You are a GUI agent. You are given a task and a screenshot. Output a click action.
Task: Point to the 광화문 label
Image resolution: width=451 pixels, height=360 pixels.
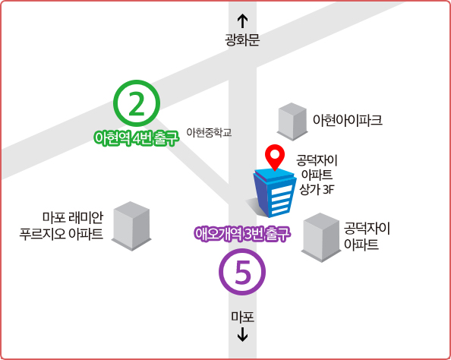coord(242,39)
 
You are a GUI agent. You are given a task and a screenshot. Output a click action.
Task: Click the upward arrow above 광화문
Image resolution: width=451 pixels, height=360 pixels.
coord(242,21)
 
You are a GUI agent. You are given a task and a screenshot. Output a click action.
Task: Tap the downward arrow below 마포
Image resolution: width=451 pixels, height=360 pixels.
coord(242,334)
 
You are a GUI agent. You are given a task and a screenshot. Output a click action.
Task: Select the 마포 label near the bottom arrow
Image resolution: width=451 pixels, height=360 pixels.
coord(242,317)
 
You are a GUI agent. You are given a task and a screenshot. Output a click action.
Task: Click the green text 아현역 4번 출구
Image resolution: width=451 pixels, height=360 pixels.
coord(137,137)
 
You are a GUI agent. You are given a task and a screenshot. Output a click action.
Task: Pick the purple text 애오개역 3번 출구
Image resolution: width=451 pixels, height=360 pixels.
coord(242,233)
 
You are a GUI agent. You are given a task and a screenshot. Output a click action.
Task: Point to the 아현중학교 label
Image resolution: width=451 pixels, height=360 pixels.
coord(209,133)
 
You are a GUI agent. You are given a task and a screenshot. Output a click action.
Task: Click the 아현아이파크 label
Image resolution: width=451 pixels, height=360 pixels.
coord(348,120)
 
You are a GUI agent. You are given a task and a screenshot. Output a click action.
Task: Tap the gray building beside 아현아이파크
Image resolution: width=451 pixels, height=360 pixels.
coord(292,122)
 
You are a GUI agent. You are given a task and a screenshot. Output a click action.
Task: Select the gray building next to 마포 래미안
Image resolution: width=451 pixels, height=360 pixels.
coord(131,226)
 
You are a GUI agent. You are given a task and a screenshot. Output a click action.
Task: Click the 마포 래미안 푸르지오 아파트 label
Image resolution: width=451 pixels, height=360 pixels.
coord(61,226)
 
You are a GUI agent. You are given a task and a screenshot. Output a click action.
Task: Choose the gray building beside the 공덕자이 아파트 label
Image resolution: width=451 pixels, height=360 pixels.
coord(321,238)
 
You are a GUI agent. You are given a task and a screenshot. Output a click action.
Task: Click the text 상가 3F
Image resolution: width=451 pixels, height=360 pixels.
coord(317,190)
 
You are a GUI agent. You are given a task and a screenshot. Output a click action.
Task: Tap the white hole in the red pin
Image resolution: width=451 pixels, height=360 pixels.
coord(275,154)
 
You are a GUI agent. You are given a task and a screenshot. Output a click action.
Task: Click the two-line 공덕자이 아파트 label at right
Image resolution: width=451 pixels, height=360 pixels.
coord(367,236)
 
